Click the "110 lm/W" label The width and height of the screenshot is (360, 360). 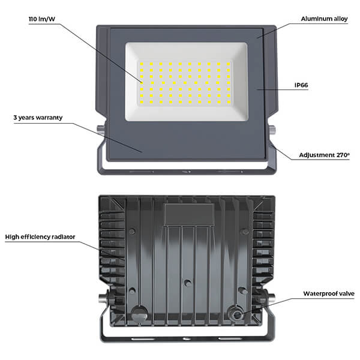click(42, 19)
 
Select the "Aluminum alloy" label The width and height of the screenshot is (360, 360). click(324, 19)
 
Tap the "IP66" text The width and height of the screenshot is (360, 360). click(301, 85)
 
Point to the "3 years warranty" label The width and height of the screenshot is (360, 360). click(38, 118)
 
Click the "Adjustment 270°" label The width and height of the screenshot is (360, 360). click(324, 155)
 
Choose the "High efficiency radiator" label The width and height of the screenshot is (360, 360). click(40, 237)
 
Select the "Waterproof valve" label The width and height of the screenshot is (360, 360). click(329, 293)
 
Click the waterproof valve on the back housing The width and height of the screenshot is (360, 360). click(236, 314)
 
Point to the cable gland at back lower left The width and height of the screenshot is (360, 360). click(139, 314)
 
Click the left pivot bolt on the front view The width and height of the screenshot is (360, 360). click(100, 130)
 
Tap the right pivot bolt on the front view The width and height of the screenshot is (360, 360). click(272, 130)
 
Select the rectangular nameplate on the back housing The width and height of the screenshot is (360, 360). click(189, 215)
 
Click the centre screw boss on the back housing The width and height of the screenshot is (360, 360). click(188, 283)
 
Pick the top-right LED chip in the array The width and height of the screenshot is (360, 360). click(228, 64)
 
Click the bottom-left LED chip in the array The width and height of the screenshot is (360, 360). click(142, 102)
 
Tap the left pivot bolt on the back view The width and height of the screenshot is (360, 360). click(103, 299)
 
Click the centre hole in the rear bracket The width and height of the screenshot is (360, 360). click(187, 338)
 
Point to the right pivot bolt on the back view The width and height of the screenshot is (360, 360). click(271, 298)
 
